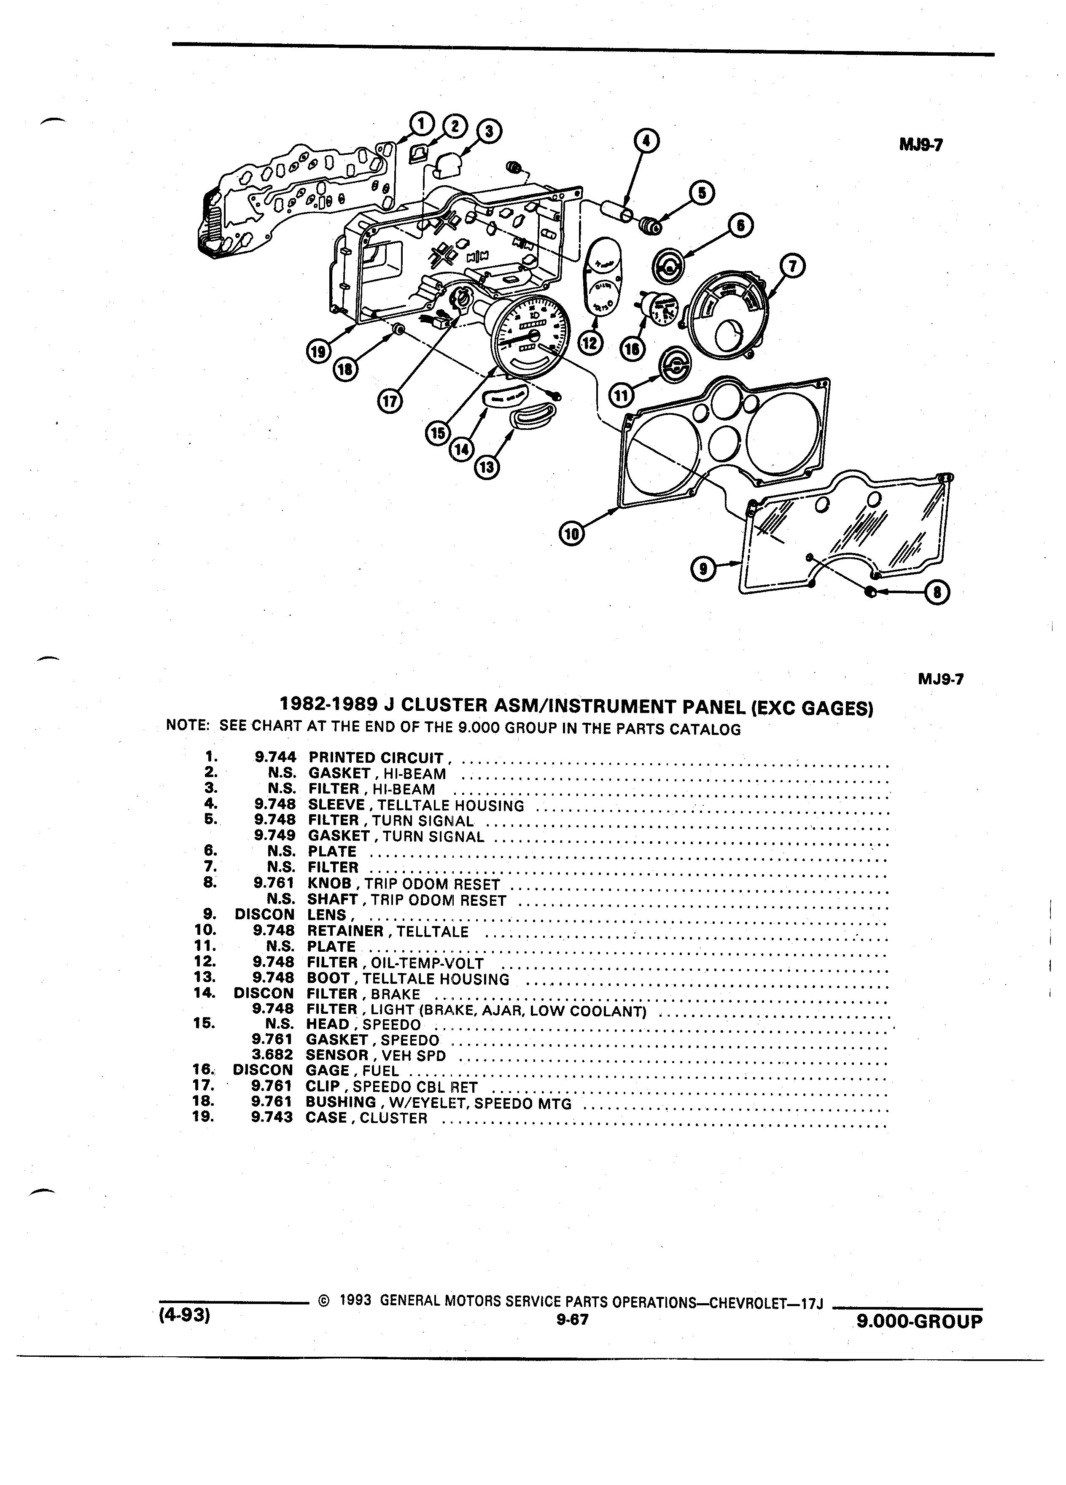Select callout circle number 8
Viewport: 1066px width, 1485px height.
937,593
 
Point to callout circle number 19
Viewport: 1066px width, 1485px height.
319,351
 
